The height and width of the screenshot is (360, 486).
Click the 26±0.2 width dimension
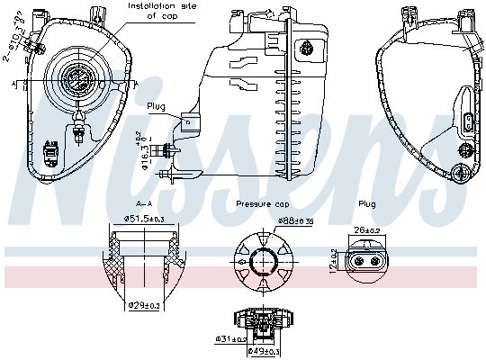click(x=368, y=229)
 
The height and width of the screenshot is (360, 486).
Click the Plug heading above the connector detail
click(x=366, y=204)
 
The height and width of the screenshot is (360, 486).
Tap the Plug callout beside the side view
click(x=157, y=106)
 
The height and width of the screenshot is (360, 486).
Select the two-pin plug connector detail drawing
click(x=368, y=262)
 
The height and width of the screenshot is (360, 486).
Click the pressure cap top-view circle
click(x=261, y=262)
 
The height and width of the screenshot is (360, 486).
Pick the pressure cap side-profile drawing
click(x=261, y=319)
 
